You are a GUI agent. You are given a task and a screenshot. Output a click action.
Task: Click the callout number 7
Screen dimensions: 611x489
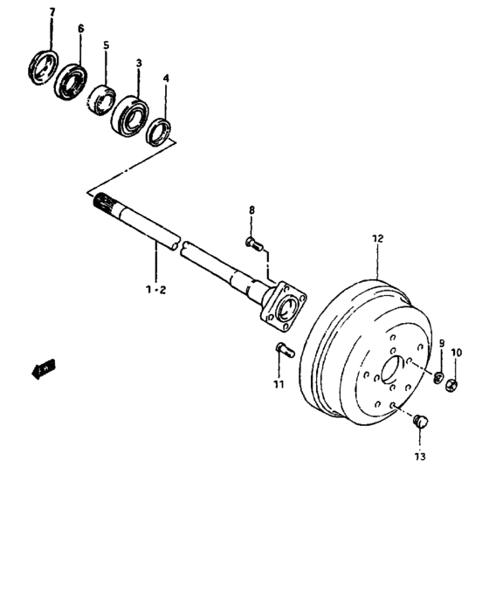tap(51, 12)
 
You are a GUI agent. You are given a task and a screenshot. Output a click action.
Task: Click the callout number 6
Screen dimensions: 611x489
tap(80, 30)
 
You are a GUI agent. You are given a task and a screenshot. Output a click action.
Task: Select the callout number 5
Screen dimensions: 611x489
tap(106, 45)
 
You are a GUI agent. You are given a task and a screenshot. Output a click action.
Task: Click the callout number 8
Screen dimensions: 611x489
tap(251, 210)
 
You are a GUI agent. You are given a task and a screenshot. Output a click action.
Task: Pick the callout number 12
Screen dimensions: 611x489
tap(377, 237)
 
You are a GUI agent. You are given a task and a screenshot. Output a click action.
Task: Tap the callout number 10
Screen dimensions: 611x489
tap(456, 353)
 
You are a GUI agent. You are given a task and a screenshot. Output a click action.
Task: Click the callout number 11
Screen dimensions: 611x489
tap(279, 384)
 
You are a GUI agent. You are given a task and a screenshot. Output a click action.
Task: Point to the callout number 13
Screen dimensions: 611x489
tap(420, 456)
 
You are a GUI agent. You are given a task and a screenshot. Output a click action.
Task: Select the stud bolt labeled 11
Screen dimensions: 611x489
tap(281, 352)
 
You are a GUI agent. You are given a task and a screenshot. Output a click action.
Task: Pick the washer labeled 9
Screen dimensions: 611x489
tap(437, 375)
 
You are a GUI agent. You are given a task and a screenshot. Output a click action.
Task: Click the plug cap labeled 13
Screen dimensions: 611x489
tap(420, 422)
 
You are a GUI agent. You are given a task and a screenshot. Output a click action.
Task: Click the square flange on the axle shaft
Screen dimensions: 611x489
tap(284, 306)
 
